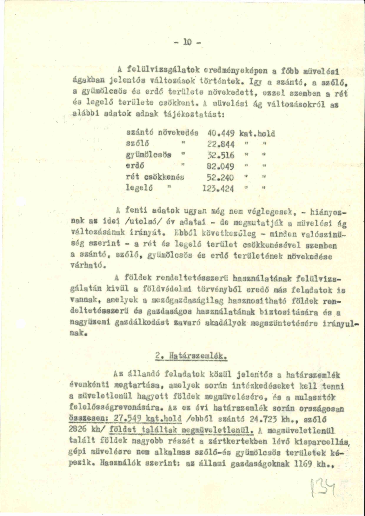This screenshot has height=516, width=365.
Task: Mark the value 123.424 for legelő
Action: click(x=218, y=188)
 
